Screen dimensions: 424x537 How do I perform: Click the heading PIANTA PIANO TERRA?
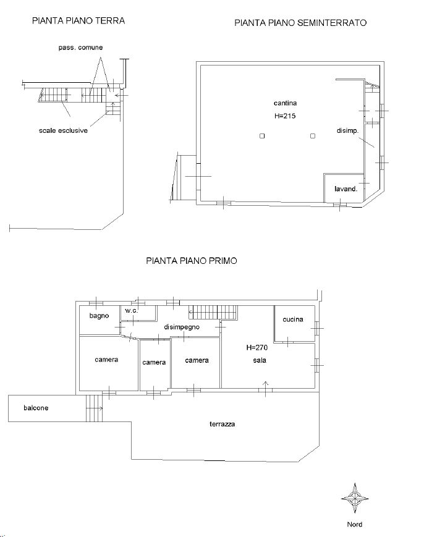click(x=78, y=20)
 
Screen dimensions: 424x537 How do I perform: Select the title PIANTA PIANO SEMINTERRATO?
click(x=300, y=23)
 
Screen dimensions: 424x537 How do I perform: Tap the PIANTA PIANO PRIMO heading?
click(x=192, y=261)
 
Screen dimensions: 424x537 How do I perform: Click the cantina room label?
click(x=285, y=103)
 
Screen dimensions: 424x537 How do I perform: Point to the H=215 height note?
click(x=285, y=116)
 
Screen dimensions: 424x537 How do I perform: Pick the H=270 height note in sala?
click(x=257, y=348)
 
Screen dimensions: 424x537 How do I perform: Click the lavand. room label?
click(x=346, y=188)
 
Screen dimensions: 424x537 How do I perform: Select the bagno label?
click(x=99, y=316)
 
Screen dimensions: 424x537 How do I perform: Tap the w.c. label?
click(x=131, y=311)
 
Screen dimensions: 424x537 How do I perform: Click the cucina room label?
click(x=293, y=319)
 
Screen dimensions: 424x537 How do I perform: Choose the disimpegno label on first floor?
click(x=182, y=327)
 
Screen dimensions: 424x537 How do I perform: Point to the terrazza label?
click(x=223, y=424)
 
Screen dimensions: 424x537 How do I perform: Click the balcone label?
click(x=36, y=408)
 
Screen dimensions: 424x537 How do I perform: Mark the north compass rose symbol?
click(x=355, y=498)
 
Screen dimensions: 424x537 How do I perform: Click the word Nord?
click(x=355, y=524)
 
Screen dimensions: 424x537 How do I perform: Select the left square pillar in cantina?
click(x=262, y=136)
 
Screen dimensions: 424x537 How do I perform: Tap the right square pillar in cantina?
click(x=313, y=136)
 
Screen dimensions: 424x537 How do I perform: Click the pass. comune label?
click(x=80, y=48)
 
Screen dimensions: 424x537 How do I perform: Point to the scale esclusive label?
click(x=64, y=130)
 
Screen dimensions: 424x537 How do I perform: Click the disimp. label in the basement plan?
click(x=347, y=130)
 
